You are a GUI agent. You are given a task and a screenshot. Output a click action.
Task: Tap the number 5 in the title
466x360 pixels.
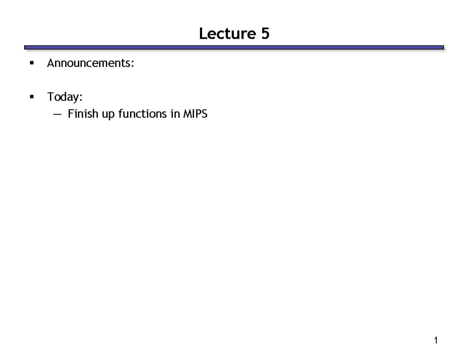[x=265, y=34]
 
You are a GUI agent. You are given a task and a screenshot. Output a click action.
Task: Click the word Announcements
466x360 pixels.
[x=90, y=63]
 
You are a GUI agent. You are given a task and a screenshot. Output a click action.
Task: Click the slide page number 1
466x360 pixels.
[x=436, y=341]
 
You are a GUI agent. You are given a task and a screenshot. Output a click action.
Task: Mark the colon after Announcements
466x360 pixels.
[x=133, y=64]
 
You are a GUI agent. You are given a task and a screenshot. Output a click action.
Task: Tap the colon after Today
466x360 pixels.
[x=81, y=97]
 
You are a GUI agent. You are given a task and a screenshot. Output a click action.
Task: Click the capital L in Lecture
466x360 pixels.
[x=202, y=34]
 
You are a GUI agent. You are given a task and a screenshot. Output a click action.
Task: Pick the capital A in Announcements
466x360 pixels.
[x=50, y=63]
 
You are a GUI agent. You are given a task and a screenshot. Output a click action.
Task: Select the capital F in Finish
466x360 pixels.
[x=70, y=114]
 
